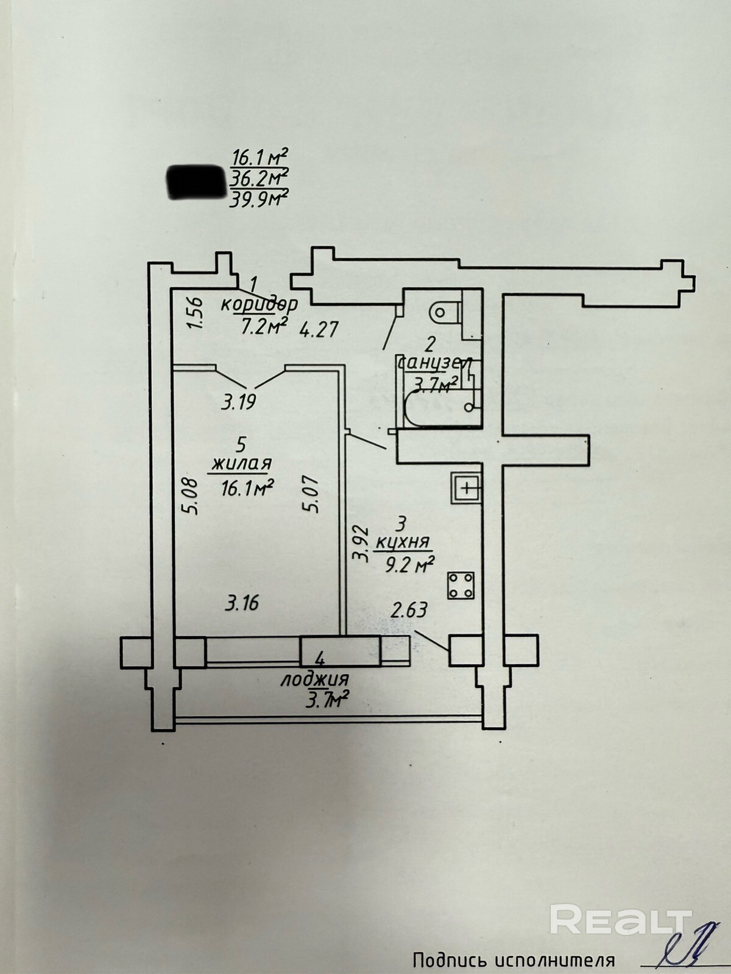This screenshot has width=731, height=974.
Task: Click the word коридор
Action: [x=260, y=304]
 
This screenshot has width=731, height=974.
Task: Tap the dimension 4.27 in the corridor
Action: [x=319, y=330]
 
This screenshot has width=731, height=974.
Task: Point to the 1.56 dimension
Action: [x=194, y=314]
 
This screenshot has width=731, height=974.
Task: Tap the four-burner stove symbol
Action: [x=462, y=585]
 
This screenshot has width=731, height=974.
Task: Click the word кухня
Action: [x=403, y=541]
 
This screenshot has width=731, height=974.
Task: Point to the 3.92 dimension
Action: [x=362, y=544]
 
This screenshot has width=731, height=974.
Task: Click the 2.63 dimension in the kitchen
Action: [x=409, y=610]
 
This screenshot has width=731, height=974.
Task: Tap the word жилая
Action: [x=241, y=464]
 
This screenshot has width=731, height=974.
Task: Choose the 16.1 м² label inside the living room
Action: [x=246, y=488]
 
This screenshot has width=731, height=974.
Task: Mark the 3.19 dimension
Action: [x=238, y=402]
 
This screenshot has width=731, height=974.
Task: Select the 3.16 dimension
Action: [x=242, y=603]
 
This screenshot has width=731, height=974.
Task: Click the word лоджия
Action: [x=314, y=680]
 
